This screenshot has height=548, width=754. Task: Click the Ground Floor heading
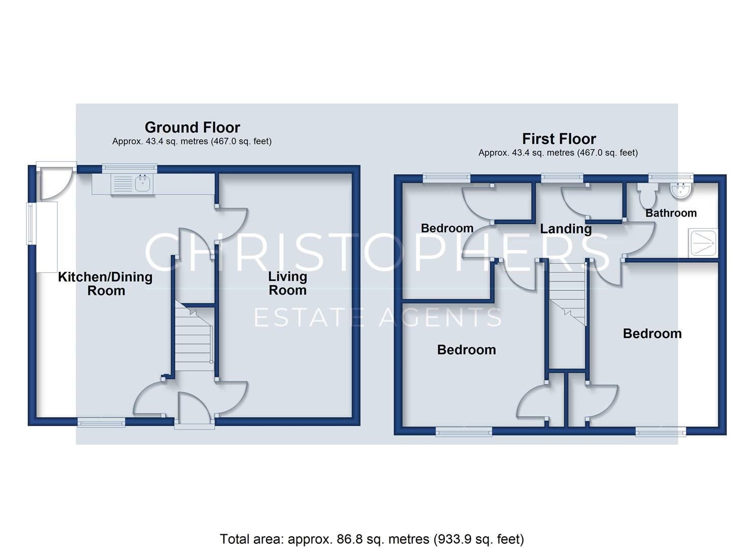192,127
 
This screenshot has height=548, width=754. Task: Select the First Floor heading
559,139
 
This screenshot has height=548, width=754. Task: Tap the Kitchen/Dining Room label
106,284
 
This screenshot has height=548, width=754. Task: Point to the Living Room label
287,283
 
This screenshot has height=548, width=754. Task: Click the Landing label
566,229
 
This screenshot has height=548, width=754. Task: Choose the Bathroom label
671,213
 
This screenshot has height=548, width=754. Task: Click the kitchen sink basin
143,184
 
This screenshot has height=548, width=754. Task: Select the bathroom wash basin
680,190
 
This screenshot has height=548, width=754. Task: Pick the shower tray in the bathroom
703,243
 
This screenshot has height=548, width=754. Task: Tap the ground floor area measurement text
192,141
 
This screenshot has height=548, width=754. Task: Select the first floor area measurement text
558,153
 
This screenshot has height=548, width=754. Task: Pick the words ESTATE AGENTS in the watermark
377,317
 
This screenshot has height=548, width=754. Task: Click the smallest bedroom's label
447,228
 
